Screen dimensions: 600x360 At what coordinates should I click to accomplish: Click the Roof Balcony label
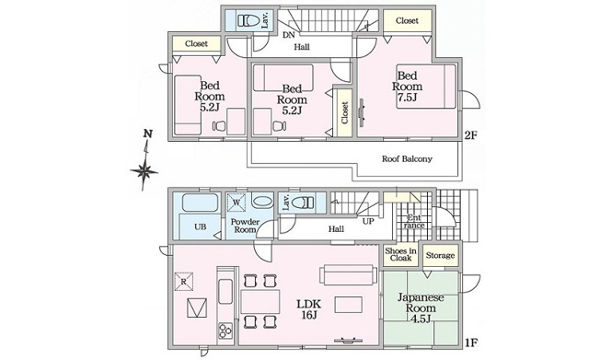407,158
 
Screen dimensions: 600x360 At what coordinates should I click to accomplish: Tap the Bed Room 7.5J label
407,87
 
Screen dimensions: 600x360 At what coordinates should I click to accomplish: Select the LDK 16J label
309,309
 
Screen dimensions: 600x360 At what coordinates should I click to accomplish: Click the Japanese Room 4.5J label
421,308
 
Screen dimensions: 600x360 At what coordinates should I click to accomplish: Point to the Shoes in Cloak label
400,254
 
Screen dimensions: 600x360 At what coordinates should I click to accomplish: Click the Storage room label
440,255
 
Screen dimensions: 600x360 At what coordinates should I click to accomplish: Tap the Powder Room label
245,226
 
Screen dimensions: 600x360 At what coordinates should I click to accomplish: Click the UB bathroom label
200,226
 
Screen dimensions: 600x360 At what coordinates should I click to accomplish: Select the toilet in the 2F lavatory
248,20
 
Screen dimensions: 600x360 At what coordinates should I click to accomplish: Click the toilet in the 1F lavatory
302,203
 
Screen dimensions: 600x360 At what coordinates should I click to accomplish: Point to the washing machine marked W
237,203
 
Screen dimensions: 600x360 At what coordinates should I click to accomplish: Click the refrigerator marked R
184,282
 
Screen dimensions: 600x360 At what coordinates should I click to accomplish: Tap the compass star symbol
144,171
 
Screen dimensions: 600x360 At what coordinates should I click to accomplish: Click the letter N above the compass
148,134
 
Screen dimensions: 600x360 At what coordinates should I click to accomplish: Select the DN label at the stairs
289,35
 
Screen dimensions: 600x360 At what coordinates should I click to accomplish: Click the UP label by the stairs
368,221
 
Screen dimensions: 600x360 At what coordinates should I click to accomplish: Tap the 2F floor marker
470,135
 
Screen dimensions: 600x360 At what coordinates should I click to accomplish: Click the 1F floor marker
470,343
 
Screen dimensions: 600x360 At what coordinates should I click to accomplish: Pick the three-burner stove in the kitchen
225,331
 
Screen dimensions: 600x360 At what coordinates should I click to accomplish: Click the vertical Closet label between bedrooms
344,112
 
